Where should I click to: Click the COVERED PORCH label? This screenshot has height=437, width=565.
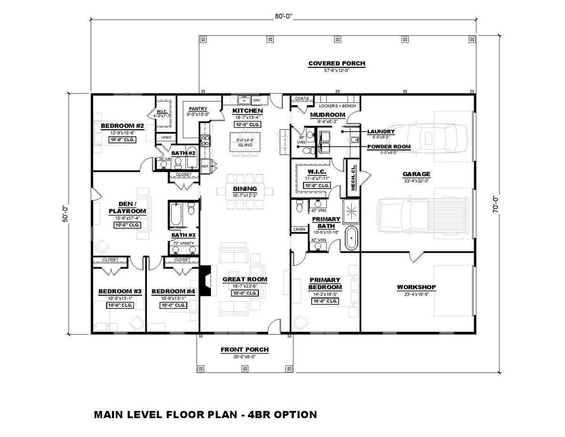click(x=336, y=64)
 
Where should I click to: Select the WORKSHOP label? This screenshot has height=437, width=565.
click(x=416, y=287)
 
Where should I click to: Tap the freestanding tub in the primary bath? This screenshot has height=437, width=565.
click(x=351, y=239)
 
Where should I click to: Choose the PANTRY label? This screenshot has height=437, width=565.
click(x=198, y=109)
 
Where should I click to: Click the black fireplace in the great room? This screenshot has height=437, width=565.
click(x=205, y=280)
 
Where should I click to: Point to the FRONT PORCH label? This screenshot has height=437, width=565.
click(x=244, y=350)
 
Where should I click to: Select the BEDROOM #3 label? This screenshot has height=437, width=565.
click(x=116, y=291)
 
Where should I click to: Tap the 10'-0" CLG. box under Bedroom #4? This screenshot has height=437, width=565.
click(x=173, y=305)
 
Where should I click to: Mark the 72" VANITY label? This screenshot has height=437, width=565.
click(x=181, y=243)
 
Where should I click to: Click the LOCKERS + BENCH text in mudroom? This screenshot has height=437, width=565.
click(x=337, y=106)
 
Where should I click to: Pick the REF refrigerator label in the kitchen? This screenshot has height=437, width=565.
click(x=205, y=166)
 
